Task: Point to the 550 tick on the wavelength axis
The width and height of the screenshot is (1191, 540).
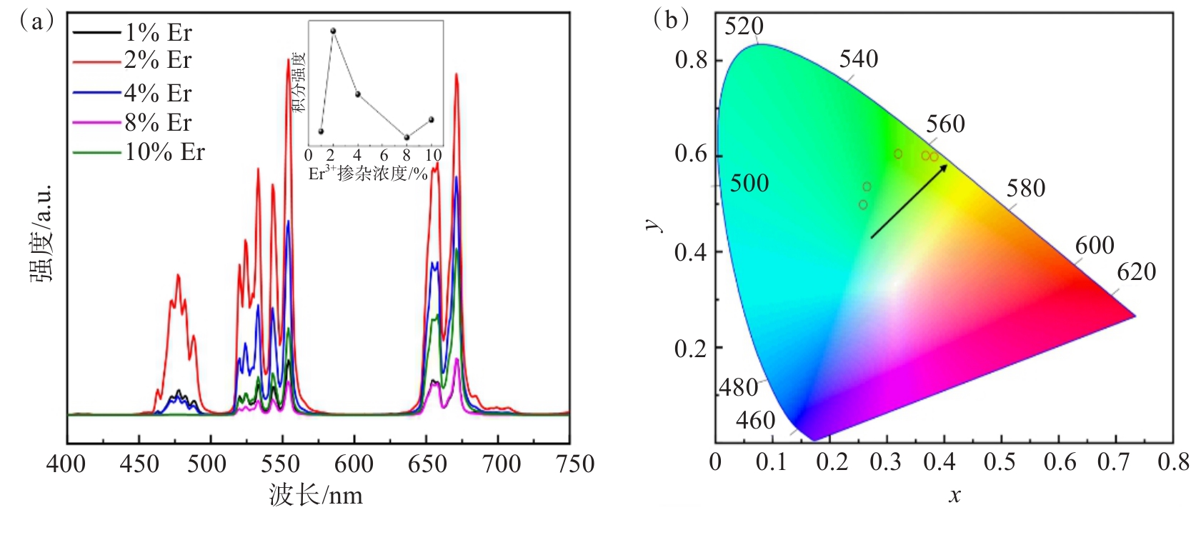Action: tap(280, 464)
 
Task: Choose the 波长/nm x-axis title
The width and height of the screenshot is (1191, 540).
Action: tap(316, 495)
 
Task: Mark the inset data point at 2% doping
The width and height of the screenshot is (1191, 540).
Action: tap(333, 31)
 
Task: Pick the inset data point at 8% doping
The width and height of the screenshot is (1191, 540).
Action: tap(407, 137)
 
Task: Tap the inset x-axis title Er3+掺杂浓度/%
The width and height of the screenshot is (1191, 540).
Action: tap(368, 174)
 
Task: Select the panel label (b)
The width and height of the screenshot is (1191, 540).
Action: tap(671, 19)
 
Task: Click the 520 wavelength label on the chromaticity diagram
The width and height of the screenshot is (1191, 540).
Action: tap(744, 26)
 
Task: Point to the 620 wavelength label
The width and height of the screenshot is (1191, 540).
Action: tap(1136, 272)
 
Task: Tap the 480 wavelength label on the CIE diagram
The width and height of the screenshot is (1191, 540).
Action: tap(738, 388)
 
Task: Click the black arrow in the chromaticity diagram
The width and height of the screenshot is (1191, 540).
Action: tap(909, 201)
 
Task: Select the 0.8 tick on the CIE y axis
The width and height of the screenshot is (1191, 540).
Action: tap(691, 60)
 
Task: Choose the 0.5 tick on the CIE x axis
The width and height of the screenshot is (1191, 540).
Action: tap(999, 462)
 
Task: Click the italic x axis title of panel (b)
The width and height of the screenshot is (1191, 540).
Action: tap(955, 495)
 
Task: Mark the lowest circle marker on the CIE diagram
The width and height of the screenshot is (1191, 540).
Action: tap(863, 205)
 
